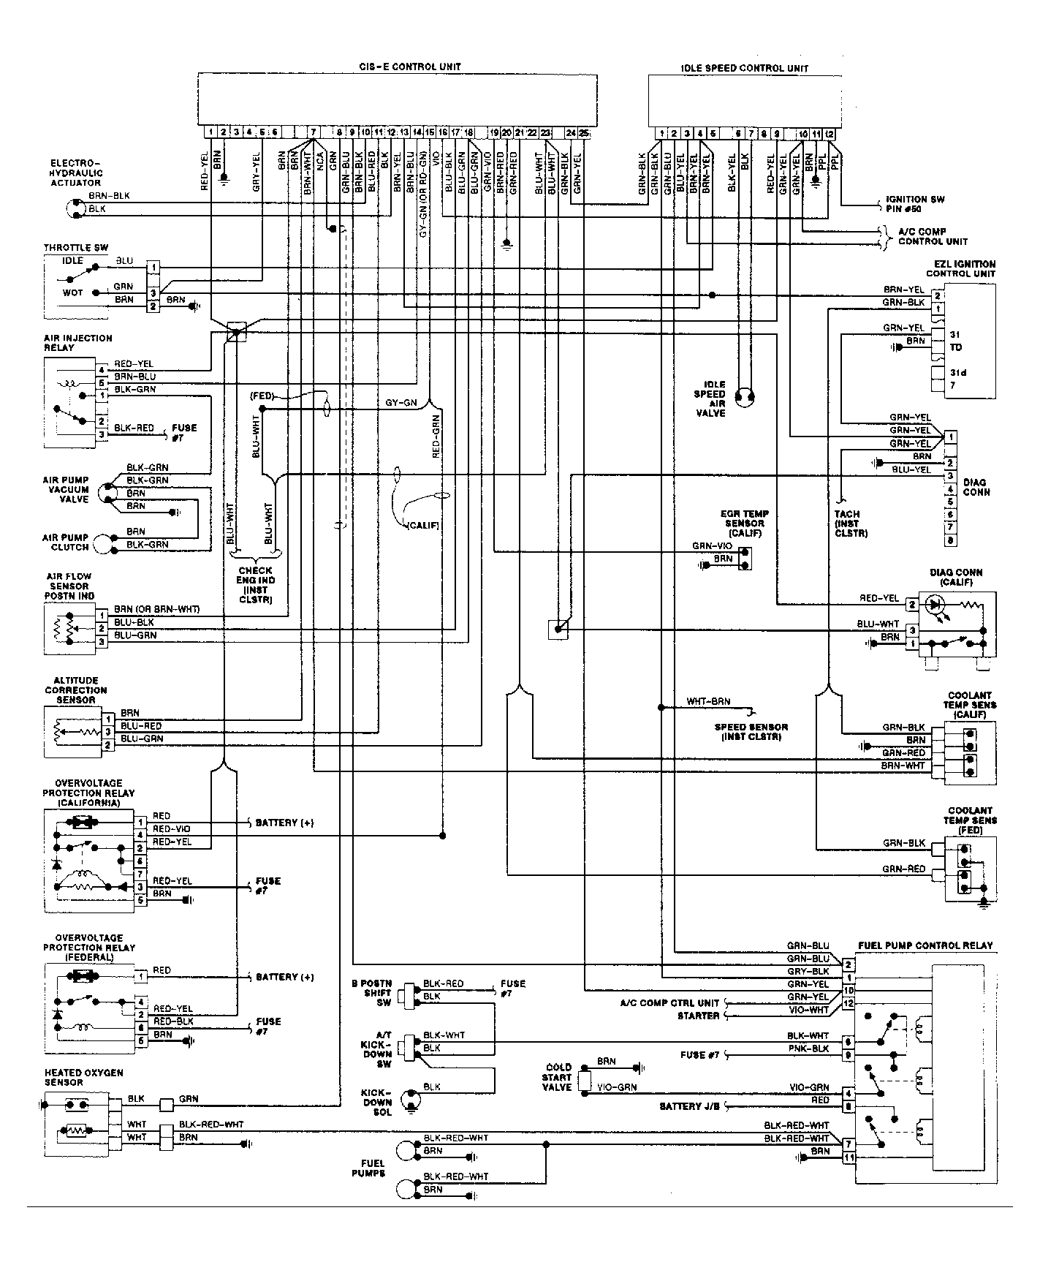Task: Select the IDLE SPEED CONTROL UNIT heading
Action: pyautogui.click(x=744, y=68)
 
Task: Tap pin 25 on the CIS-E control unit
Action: pyautogui.click(x=583, y=133)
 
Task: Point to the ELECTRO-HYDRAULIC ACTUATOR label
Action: pyautogui.click(x=76, y=173)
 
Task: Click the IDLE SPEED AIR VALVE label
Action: pyautogui.click(x=710, y=398)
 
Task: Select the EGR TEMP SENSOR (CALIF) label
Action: pyautogui.click(x=744, y=524)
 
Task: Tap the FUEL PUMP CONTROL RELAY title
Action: pyautogui.click(x=925, y=945)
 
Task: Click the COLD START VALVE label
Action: pyautogui.click(x=558, y=1077)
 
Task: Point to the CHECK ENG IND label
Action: pyautogui.click(x=255, y=585)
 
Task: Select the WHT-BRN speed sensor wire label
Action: pyautogui.click(x=707, y=701)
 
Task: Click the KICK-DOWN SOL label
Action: pyautogui.click(x=378, y=1102)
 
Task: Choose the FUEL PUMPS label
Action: pyautogui.click(x=373, y=1168)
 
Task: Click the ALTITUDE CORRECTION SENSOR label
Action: pyautogui.click(x=76, y=689)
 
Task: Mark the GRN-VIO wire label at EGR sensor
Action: pyautogui.click(x=712, y=546)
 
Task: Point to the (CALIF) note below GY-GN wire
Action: pyautogui.click(x=422, y=525)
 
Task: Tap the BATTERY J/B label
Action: pyautogui.click(x=689, y=1106)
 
